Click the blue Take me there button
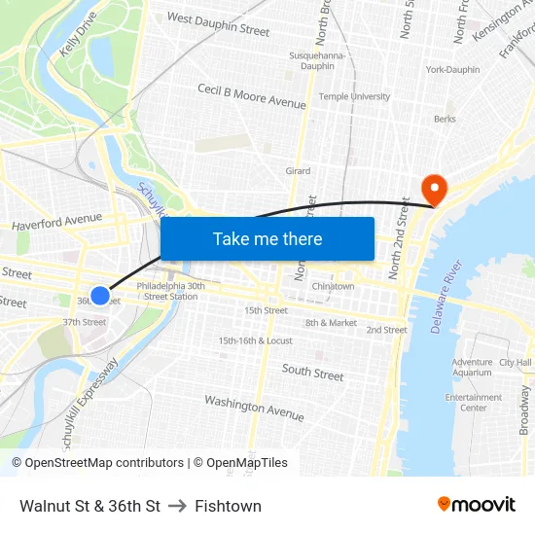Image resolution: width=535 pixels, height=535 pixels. [x=267, y=239]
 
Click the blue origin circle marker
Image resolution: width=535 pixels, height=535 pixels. [x=100, y=296]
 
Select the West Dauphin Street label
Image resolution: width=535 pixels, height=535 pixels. [x=218, y=24]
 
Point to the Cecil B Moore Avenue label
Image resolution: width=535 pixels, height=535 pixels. [x=252, y=96]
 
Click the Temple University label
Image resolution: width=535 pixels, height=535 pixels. [x=355, y=97]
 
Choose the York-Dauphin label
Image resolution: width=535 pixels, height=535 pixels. [x=452, y=70]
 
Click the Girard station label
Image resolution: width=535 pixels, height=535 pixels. [x=298, y=171]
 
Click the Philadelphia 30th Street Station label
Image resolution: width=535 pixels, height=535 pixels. [x=170, y=292]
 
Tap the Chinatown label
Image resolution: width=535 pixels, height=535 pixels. [x=333, y=287]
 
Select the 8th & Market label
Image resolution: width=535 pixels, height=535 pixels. [x=331, y=323]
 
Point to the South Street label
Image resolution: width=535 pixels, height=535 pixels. [x=312, y=372]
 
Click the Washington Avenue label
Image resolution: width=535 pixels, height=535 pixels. [x=254, y=408]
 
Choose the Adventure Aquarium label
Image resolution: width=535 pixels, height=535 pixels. [x=472, y=367]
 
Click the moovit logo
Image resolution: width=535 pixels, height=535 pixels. [x=476, y=505]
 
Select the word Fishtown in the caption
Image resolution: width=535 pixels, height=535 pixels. [x=228, y=506]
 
